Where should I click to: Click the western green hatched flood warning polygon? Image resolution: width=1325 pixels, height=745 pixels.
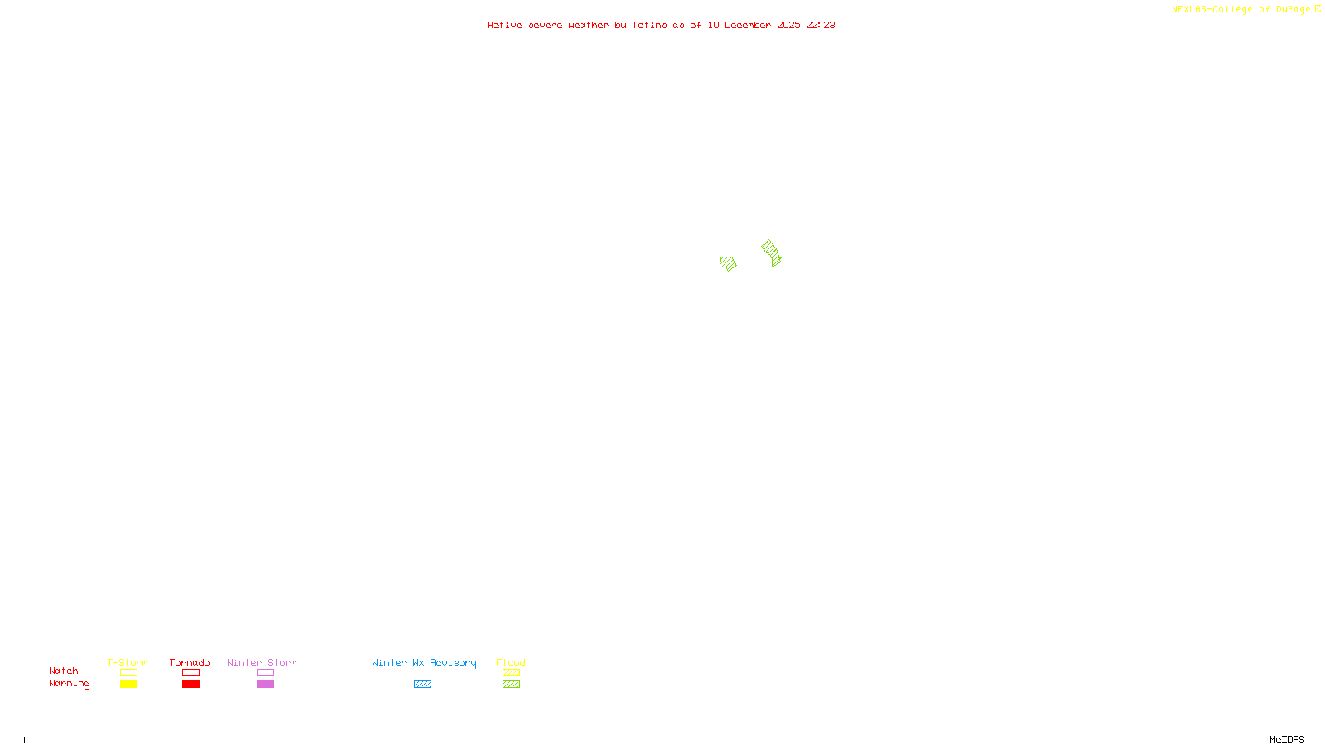point(728,263)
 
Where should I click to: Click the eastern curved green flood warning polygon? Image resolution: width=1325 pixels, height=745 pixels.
point(772,252)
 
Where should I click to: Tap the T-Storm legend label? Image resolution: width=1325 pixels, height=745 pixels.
point(128,662)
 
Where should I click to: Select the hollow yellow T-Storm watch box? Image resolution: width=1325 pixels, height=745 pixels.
point(128,673)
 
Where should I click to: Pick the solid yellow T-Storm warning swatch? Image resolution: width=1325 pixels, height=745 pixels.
point(128,685)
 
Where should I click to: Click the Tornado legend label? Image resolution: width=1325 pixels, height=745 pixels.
point(190,662)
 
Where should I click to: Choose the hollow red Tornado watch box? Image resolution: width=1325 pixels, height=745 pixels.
point(191,673)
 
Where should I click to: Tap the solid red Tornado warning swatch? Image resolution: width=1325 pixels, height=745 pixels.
point(191,685)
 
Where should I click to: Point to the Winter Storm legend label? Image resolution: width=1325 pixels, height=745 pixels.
point(262,662)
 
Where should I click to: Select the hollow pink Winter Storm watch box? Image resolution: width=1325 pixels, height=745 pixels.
point(265,673)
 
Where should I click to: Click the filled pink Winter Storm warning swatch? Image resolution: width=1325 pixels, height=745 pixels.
point(265,685)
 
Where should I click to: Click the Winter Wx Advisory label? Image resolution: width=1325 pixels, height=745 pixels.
point(424,662)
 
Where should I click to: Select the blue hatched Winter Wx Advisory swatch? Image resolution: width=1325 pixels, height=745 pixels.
point(422,685)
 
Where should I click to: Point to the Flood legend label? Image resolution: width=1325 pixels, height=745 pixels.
point(511,662)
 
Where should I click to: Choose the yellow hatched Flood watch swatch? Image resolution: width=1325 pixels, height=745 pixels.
point(512,673)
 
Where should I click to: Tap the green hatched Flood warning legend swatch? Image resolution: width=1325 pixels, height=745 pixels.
point(512,685)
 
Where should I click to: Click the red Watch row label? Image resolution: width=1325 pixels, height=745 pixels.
point(64,671)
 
